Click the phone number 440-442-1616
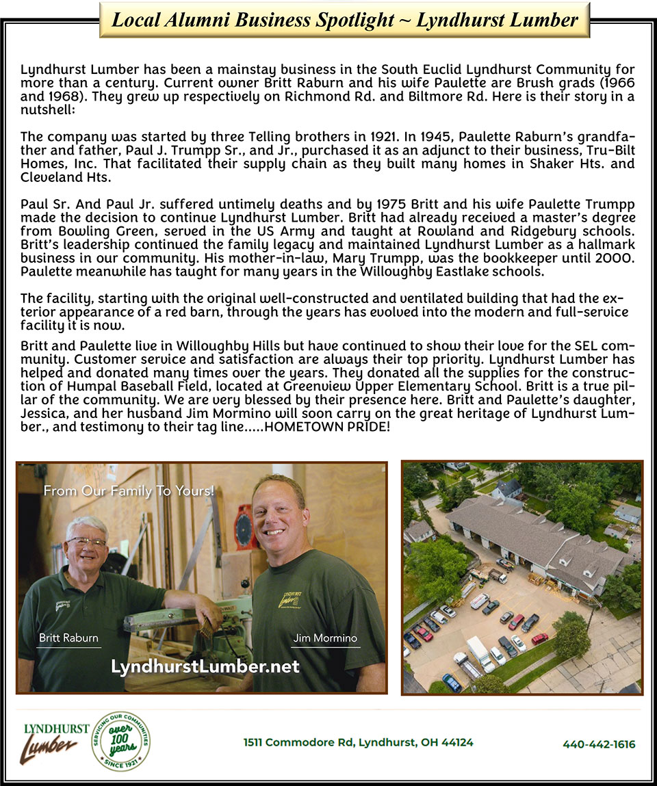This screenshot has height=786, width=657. pyautogui.click(x=599, y=744)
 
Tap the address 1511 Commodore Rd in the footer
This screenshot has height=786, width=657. pyautogui.click(x=358, y=742)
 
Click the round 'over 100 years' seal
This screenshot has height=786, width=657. pyautogui.click(x=120, y=741)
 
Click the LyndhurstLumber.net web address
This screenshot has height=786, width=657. pyautogui.click(x=205, y=666)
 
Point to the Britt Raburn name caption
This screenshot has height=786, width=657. pyautogui.click(x=68, y=638)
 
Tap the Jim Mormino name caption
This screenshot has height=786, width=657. pyautogui.click(x=325, y=638)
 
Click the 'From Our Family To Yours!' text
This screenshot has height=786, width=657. pyautogui.click(x=129, y=490)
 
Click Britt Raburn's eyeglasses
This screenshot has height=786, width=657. pyautogui.click(x=86, y=542)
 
